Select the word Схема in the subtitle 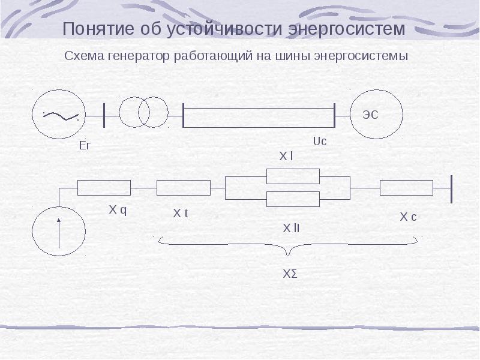85,57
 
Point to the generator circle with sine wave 59,113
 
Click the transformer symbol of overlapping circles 143,112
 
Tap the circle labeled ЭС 377,114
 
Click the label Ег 85,145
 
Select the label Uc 319,142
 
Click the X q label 118,210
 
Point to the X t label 181,213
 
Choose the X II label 291,228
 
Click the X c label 408,217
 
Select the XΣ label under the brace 290,274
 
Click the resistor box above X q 104,188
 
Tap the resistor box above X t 183,188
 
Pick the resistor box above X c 406,188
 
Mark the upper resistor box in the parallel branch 293,176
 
